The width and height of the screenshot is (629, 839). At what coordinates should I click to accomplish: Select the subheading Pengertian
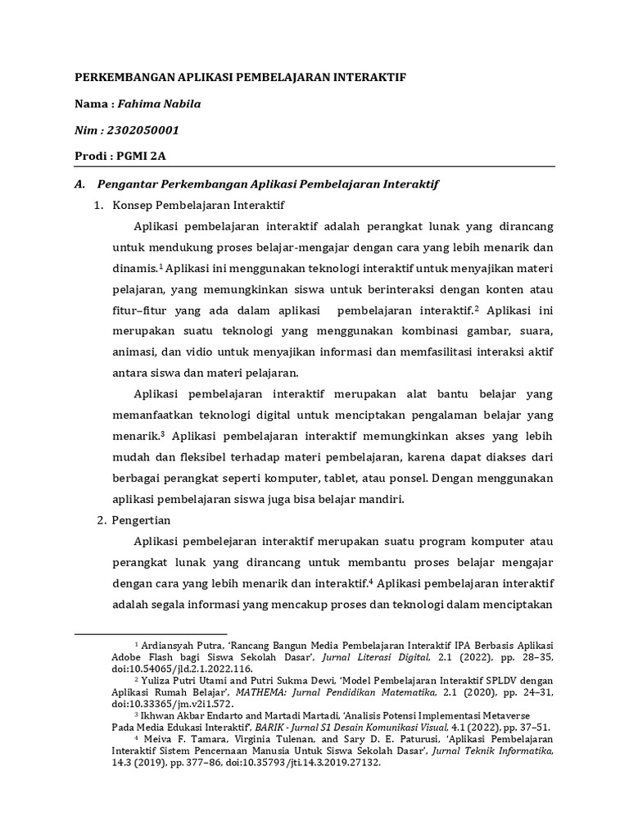click(x=141, y=519)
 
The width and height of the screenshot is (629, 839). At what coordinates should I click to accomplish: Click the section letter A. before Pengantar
click(x=80, y=184)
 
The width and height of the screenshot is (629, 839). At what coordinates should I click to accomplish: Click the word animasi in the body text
click(x=132, y=352)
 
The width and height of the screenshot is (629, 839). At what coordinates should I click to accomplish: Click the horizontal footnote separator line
click(x=151, y=633)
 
